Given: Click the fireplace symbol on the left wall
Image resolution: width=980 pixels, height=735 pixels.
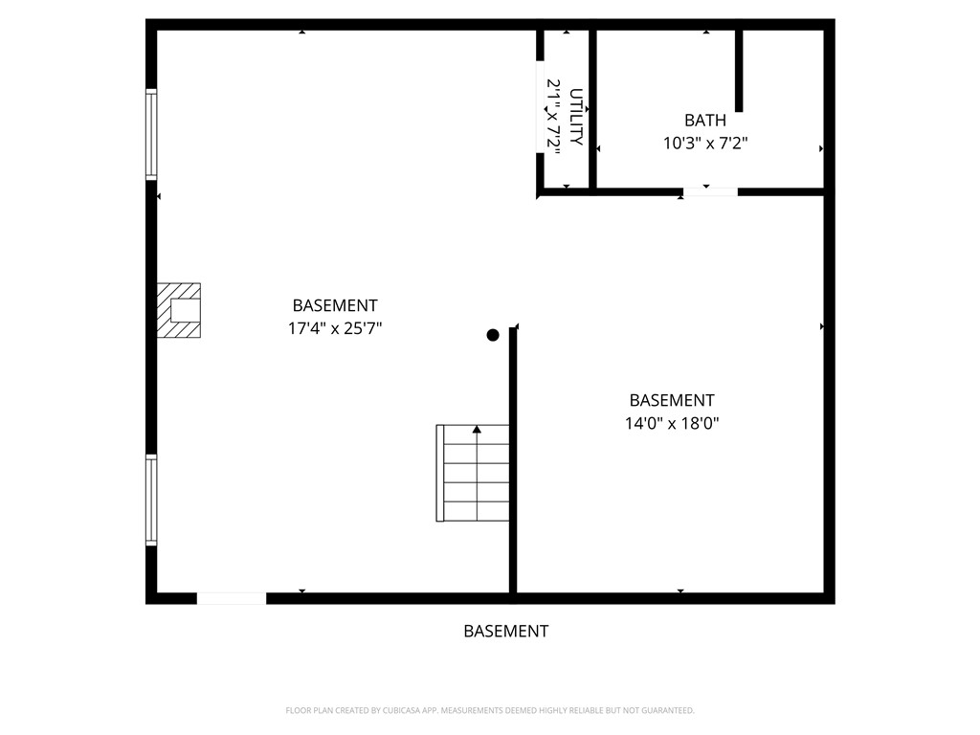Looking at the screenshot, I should (180, 310).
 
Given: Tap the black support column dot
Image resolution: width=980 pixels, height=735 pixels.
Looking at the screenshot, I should (493, 335).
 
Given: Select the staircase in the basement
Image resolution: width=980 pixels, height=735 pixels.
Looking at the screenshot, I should (473, 474).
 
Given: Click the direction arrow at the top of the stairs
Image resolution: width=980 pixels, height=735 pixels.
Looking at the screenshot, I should (477, 430).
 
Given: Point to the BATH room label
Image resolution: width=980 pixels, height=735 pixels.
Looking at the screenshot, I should (704, 121).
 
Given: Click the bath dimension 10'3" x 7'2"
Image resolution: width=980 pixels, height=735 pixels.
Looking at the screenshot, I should (704, 144).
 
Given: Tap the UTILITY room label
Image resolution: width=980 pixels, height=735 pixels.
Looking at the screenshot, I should (576, 117).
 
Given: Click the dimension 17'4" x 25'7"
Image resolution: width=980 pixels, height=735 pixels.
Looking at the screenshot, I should (335, 328).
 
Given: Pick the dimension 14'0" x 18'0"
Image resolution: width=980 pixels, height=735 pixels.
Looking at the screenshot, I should (671, 423).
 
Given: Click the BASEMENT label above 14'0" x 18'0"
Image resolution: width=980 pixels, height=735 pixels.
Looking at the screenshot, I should (671, 400).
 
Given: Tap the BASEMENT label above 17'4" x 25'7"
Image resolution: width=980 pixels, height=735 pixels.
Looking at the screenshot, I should (335, 305).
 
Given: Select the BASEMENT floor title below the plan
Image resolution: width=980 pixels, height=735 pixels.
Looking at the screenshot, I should (505, 632).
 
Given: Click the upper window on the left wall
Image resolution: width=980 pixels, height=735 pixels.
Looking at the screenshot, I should (151, 135).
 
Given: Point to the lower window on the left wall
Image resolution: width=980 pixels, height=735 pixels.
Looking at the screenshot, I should (151, 501).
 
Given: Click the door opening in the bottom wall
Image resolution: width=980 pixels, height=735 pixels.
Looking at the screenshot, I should (231, 598).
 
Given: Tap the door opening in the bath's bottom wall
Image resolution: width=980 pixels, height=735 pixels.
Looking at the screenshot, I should (710, 192).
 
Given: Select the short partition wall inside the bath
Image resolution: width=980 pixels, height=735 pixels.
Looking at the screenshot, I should (739, 71).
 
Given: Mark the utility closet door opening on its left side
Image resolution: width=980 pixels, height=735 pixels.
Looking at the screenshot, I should (540, 106).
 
